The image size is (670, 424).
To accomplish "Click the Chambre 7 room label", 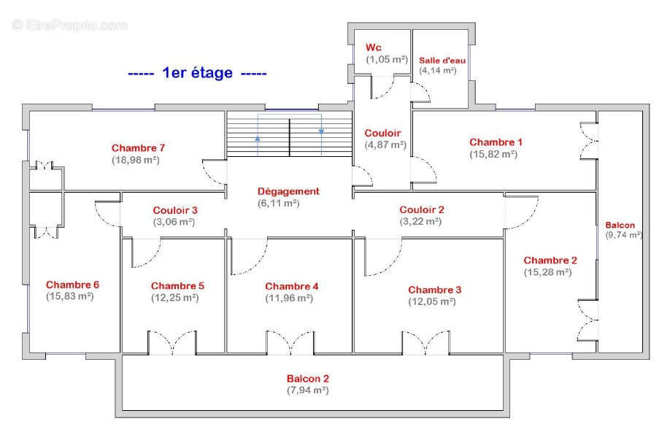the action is click(138, 148).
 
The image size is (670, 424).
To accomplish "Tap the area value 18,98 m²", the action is click(136, 160).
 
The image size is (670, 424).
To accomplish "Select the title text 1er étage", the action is click(197, 73).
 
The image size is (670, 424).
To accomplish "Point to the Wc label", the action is click(374, 47).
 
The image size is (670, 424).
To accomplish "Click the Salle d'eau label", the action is click(442, 61).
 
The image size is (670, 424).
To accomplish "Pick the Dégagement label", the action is click(288, 191).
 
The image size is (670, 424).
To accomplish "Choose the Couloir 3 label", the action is click(175, 210).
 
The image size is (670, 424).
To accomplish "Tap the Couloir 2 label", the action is click(422, 209).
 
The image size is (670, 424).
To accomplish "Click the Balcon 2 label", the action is click(308, 378).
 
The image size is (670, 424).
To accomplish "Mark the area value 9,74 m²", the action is click(624, 235).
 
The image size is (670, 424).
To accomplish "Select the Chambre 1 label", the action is click(496, 142).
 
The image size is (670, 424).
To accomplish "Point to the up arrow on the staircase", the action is click(258, 139).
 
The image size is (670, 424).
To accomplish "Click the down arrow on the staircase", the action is click(321, 131).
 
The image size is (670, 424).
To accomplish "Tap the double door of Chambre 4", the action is click(290, 343).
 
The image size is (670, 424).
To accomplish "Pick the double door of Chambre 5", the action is click(172, 343).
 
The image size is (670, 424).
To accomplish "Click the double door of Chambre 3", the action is click(426, 343).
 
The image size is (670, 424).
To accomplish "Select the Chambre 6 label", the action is click(72, 285).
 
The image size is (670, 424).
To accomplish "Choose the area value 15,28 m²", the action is click(548, 272).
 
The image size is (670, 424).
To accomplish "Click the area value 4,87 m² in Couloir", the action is click(385, 145).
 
